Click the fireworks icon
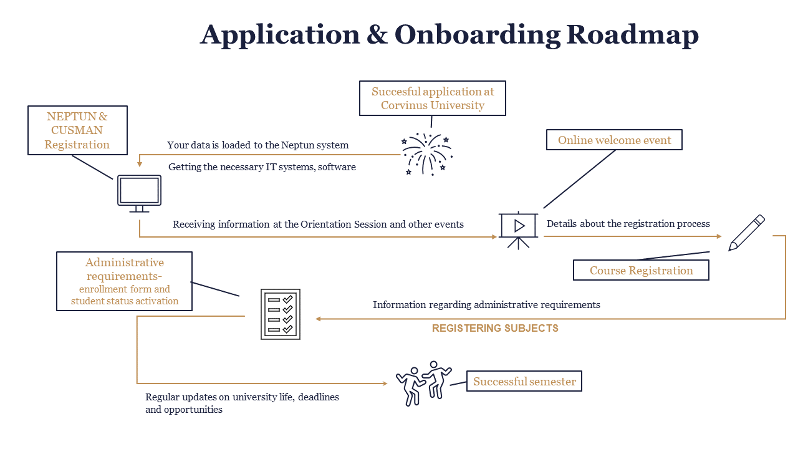[x=427, y=153]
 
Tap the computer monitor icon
[x=139, y=192]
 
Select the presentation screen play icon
[x=519, y=228]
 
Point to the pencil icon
[x=746, y=233]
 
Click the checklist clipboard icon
[x=280, y=314]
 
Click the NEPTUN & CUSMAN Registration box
[x=78, y=130]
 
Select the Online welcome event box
[x=614, y=140]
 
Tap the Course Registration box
[x=641, y=271]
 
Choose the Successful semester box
[x=524, y=382]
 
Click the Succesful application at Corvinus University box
[x=433, y=99]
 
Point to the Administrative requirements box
[x=124, y=281]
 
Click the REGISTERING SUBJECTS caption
[x=495, y=328]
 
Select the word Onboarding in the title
[x=478, y=34]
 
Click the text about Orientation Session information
[x=318, y=224]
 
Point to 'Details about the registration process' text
[x=628, y=224]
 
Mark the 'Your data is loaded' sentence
[x=257, y=145]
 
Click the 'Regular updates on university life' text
[x=242, y=403]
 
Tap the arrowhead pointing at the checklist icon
[x=318, y=319]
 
